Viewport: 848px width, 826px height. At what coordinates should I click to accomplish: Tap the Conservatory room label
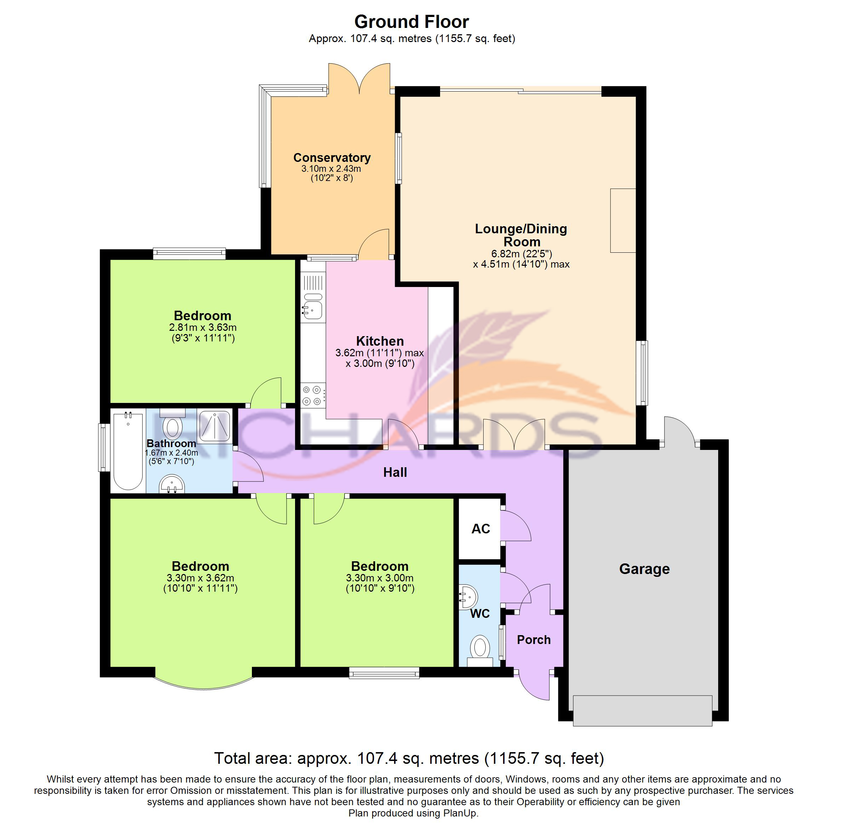332,158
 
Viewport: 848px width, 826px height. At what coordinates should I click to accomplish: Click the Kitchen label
380,341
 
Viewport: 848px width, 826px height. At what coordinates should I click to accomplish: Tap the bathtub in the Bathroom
128,451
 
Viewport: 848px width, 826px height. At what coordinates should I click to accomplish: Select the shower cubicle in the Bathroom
214,426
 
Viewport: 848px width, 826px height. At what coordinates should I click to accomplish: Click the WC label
479,614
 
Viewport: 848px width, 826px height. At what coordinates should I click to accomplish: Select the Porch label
533,640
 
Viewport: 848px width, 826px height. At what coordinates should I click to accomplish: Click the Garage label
644,569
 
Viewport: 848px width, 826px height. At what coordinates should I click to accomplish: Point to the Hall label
395,473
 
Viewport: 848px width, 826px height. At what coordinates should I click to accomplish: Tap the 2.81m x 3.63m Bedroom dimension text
203,328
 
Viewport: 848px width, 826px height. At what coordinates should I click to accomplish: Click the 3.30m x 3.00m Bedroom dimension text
380,578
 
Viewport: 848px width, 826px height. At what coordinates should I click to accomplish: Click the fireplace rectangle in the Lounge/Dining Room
622,221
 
